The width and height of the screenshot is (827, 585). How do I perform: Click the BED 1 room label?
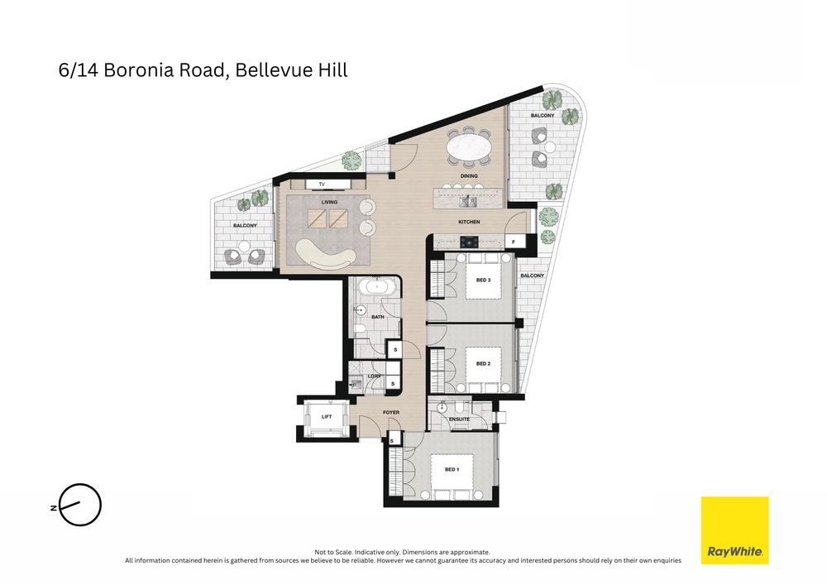coord(452,469)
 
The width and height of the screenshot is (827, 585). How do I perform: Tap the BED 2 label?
coord(484,363)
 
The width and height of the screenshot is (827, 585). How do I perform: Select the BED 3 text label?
coord(484,280)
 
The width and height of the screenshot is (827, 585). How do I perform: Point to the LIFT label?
coord(327,416)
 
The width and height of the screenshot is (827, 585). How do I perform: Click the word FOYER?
coord(391,412)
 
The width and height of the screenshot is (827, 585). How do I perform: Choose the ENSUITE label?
coord(460,420)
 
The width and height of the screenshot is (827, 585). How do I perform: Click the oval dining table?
coord(469,151)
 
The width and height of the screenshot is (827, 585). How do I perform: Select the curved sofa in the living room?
coord(323,252)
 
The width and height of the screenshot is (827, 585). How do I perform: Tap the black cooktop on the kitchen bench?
coord(469,242)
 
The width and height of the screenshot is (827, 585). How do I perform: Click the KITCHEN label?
coord(469,222)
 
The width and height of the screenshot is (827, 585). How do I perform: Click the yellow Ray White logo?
coord(734,530)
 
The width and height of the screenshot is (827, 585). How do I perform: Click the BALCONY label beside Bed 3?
coord(532,276)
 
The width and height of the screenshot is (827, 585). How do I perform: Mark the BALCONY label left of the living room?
coord(244,225)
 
